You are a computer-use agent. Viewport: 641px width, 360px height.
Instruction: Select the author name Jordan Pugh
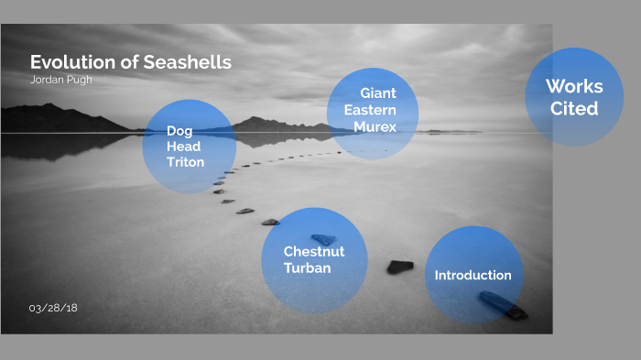click(x=61, y=80)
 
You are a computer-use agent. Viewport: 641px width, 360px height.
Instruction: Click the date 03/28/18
click(x=53, y=308)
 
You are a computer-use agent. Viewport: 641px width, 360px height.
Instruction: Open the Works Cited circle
click(x=574, y=97)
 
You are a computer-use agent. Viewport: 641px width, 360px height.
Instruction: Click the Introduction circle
click(x=473, y=275)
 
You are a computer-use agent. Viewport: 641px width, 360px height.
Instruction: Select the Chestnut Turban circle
click(x=313, y=260)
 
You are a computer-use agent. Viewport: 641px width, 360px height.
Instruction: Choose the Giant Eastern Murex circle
click(x=373, y=114)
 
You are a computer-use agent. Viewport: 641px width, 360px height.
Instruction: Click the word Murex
click(x=375, y=126)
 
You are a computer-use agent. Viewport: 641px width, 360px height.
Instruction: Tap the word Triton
click(x=185, y=162)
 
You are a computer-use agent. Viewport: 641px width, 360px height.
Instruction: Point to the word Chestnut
click(x=313, y=251)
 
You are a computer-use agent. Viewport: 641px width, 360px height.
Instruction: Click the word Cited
click(x=574, y=108)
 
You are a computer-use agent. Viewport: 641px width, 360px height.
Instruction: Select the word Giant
click(x=378, y=93)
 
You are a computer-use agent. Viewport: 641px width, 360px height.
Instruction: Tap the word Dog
click(x=179, y=131)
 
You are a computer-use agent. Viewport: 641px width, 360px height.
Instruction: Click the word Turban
click(x=307, y=268)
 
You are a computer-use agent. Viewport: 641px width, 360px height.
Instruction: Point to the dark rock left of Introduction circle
click(x=399, y=267)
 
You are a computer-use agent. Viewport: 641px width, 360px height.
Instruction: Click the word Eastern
click(x=370, y=110)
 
